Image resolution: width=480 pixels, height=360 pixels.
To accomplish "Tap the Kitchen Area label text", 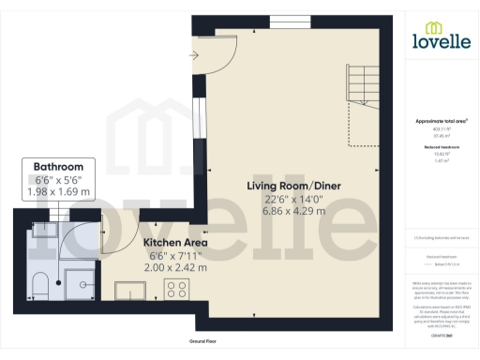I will (x=175, y=242).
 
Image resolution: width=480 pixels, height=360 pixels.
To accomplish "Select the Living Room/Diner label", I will (x=293, y=186).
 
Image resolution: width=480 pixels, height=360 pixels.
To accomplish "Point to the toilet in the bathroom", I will (x=39, y=285).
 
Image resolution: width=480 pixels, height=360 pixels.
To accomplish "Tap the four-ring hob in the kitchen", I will (x=176, y=288).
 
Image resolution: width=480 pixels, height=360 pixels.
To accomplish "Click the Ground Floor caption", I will (x=203, y=342).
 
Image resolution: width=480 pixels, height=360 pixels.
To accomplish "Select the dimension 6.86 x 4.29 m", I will (x=293, y=212).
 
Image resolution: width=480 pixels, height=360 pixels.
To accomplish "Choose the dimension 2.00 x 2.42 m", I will (x=175, y=267).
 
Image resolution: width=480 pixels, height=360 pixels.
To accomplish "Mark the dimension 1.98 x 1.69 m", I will (x=58, y=192).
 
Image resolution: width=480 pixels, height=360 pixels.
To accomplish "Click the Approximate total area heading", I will (x=441, y=122).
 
